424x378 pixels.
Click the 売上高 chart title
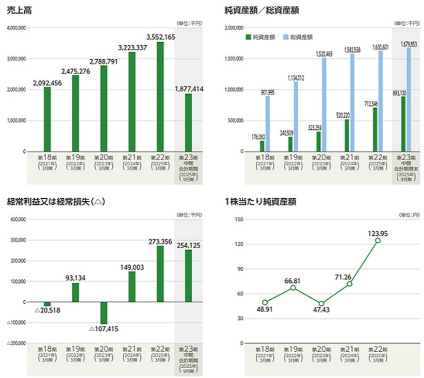pyautogui.click(x=18, y=10)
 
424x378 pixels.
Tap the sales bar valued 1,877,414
pyautogui.click(x=188, y=123)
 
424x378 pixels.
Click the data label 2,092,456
pyautogui.click(x=47, y=83)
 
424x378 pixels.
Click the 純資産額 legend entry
pyautogui.click(x=260, y=37)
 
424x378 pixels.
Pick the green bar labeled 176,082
pyautogui.click(x=262, y=146)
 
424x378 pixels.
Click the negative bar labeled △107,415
pyautogui.click(x=104, y=313)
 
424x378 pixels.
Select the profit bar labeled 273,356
pyautogui.click(x=160, y=273)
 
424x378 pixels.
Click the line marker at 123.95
pyautogui.click(x=378, y=240)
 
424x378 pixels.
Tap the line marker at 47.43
pyautogui.click(x=321, y=304)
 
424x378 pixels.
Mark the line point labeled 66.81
pyautogui.click(x=293, y=287)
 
